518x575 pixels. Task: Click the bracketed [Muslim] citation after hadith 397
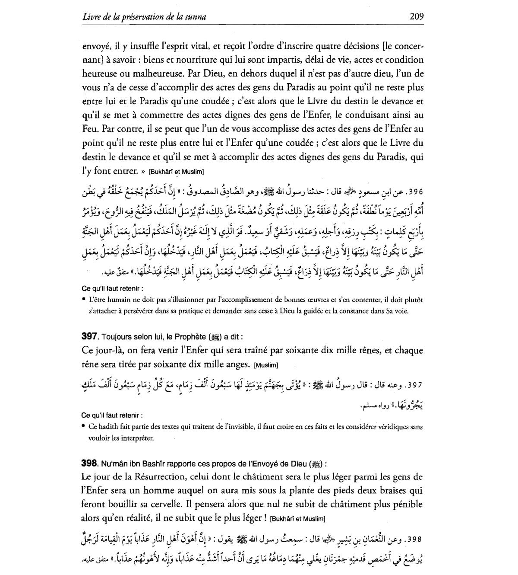[267, 365]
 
